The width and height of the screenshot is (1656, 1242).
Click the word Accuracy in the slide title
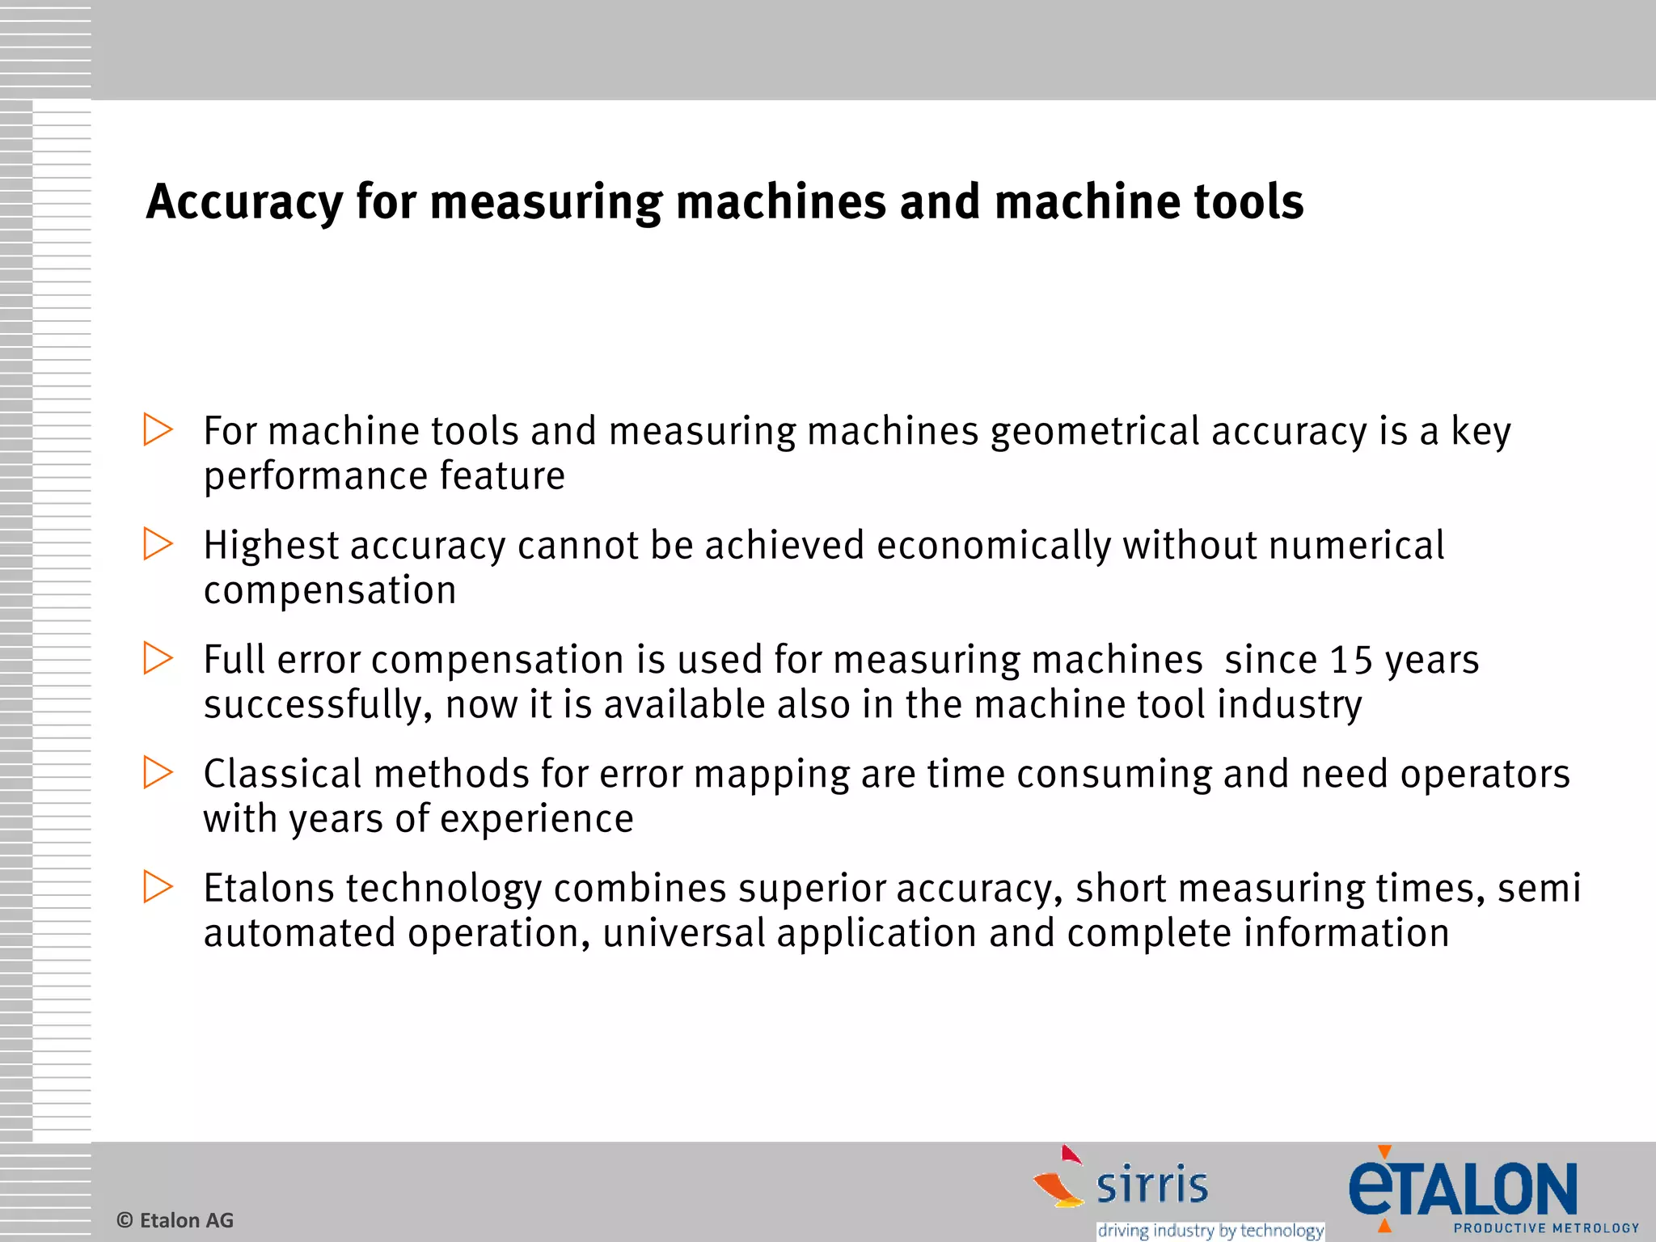point(244,202)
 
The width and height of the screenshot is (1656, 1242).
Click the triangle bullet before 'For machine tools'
point(158,429)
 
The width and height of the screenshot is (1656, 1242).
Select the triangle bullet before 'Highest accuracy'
point(158,544)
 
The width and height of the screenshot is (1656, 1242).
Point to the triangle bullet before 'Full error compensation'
point(158,658)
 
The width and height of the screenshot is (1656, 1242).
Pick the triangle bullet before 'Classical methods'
point(158,772)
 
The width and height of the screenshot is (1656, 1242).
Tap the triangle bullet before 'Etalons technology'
point(158,887)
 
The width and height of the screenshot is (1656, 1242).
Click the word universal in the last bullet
point(684,934)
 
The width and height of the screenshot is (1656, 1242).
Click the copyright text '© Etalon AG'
point(175,1220)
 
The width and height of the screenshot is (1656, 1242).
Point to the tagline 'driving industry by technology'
point(1210,1231)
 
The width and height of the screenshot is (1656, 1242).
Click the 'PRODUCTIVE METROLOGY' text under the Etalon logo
point(1546,1228)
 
